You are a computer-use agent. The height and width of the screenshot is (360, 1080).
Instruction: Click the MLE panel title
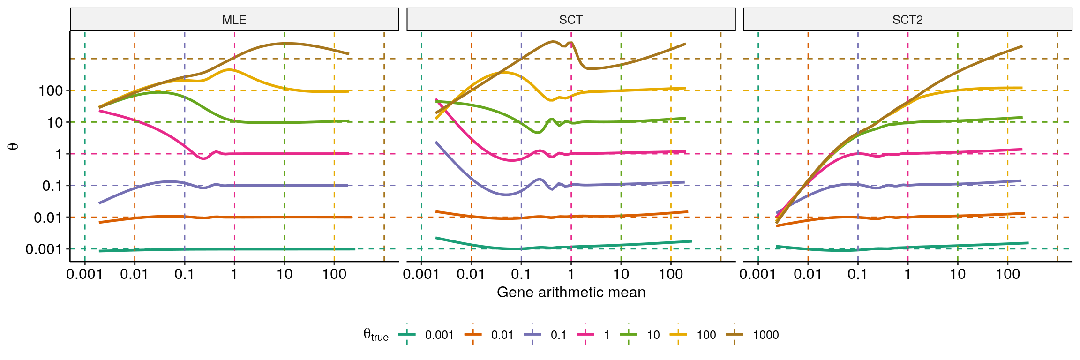[234, 20]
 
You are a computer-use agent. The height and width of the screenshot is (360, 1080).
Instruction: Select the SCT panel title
[570, 20]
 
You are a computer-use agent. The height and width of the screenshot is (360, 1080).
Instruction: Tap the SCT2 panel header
[907, 20]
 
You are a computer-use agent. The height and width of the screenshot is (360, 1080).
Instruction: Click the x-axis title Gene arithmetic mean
[571, 292]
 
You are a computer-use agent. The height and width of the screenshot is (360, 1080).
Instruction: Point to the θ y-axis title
[14, 146]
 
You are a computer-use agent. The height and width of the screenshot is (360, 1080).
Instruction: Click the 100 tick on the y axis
[51, 90]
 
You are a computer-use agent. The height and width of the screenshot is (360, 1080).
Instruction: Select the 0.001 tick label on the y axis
[44, 249]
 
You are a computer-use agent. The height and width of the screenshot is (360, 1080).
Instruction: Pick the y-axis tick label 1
[59, 154]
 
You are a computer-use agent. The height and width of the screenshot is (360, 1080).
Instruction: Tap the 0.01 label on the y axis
[48, 217]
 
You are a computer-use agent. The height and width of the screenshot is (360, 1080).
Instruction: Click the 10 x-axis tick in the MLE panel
[284, 274]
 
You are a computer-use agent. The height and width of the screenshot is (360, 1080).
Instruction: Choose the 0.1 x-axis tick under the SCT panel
[521, 274]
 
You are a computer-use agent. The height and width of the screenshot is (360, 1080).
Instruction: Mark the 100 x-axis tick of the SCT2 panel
[1007, 274]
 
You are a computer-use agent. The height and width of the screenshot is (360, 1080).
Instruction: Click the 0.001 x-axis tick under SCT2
[757, 274]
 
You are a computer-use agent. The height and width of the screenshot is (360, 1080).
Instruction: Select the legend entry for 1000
[765, 335]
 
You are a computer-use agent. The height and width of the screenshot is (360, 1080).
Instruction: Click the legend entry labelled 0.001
[439, 335]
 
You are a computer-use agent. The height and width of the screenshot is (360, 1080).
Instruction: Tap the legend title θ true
[375, 335]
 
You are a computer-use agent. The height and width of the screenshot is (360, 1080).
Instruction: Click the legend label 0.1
[558, 335]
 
